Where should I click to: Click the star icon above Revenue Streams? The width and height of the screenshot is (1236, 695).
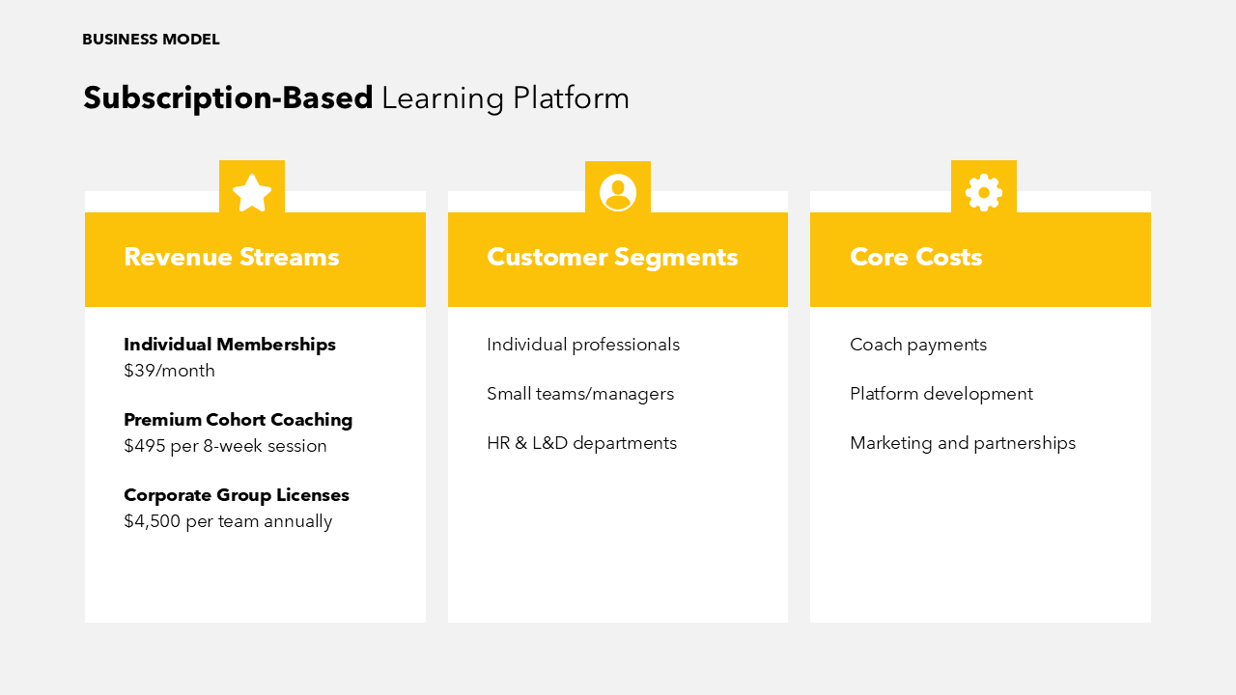pyautogui.click(x=252, y=193)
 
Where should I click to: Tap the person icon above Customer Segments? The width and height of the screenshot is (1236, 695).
pyautogui.click(x=618, y=192)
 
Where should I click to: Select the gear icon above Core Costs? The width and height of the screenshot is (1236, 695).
pyautogui.click(x=984, y=192)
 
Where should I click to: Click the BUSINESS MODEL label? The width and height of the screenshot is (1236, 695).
pyautogui.click(x=151, y=40)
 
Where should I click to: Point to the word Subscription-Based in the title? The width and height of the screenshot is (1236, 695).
pyautogui.click(x=228, y=98)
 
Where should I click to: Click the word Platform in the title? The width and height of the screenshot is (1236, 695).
pyautogui.click(x=571, y=98)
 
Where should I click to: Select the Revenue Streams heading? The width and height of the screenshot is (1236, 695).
pyautogui.click(x=231, y=257)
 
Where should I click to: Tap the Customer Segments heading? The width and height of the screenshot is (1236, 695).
pyautogui.click(x=612, y=257)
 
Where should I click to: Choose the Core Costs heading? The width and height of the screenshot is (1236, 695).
pyautogui.click(x=916, y=257)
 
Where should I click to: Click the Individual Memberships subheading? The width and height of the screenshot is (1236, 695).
pyautogui.click(x=230, y=345)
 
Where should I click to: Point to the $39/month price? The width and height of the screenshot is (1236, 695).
pyautogui.click(x=169, y=371)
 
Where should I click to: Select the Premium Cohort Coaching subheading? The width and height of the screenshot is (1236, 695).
pyautogui.click(x=238, y=420)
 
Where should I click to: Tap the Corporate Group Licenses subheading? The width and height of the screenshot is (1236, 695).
pyautogui.click(x=237, y=495)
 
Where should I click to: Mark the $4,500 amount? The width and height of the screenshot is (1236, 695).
pyautogui.click(x=153, y=521)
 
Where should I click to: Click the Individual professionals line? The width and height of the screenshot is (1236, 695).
pyautogui.click(x=583, y=345)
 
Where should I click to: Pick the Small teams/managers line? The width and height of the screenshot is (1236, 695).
pyautogui.click(x=580, y=394)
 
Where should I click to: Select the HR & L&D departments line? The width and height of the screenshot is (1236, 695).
pyautogui.click(x=581, y=443)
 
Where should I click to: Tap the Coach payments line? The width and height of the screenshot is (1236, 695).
pyautogui.click(x=918, y=345)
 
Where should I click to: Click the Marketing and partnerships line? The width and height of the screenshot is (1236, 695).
pyautogui.click(x=963, y=443)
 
